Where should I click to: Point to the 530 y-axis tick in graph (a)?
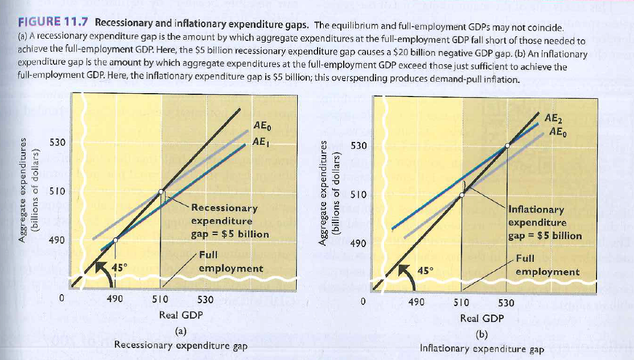pos(57,142)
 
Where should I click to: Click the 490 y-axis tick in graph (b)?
pos(358,244)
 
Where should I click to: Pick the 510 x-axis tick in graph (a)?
pos(161,299)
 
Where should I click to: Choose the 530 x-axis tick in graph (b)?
pos(506,302)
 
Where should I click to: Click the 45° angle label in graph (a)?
pos(119,266)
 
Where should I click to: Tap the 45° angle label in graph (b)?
pos(426,270)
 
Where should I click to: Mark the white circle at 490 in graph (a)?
pos(115,240)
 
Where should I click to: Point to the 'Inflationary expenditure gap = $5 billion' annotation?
pos(544,223)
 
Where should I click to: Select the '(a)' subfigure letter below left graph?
pos(180,330)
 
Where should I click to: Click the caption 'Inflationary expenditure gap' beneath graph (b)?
pos(482,349)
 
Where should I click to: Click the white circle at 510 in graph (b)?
pos(461,194)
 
